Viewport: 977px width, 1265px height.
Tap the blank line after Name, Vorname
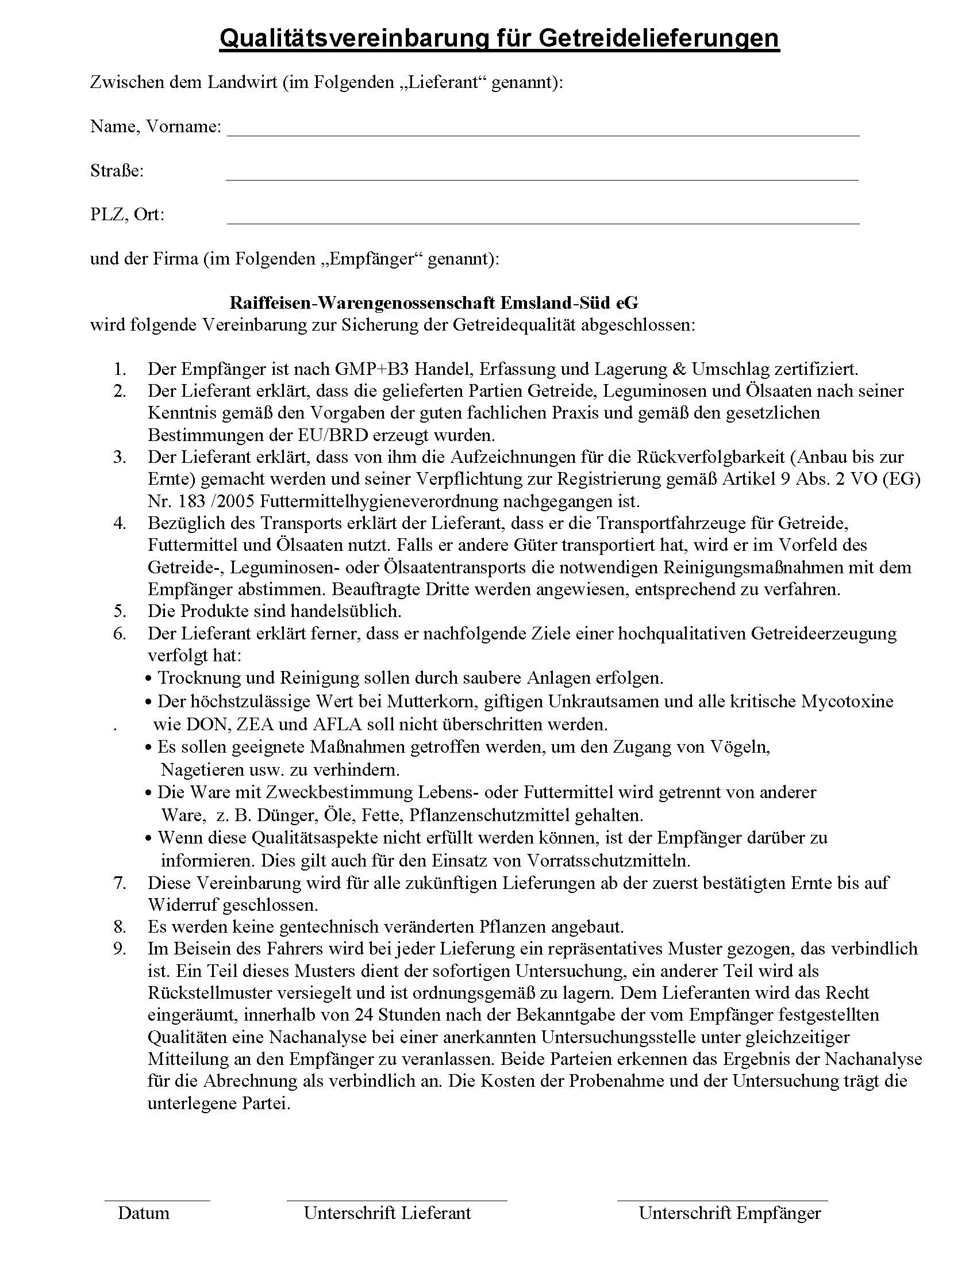(x=543, y=135)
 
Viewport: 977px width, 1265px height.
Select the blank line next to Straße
(x=541, y=179)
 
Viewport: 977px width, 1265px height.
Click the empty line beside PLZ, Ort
(x=543, y=223)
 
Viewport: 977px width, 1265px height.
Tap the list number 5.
(x=120, y=611)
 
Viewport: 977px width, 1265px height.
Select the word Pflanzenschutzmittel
(x=489, y=815)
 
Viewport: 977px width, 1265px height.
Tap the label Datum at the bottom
(x=144, y=1213)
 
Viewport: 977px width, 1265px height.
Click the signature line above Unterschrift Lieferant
(x=397, y=1200)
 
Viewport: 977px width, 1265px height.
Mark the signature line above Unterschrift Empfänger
(x=722, y=1200)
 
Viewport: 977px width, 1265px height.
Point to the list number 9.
(x=120, y=949)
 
